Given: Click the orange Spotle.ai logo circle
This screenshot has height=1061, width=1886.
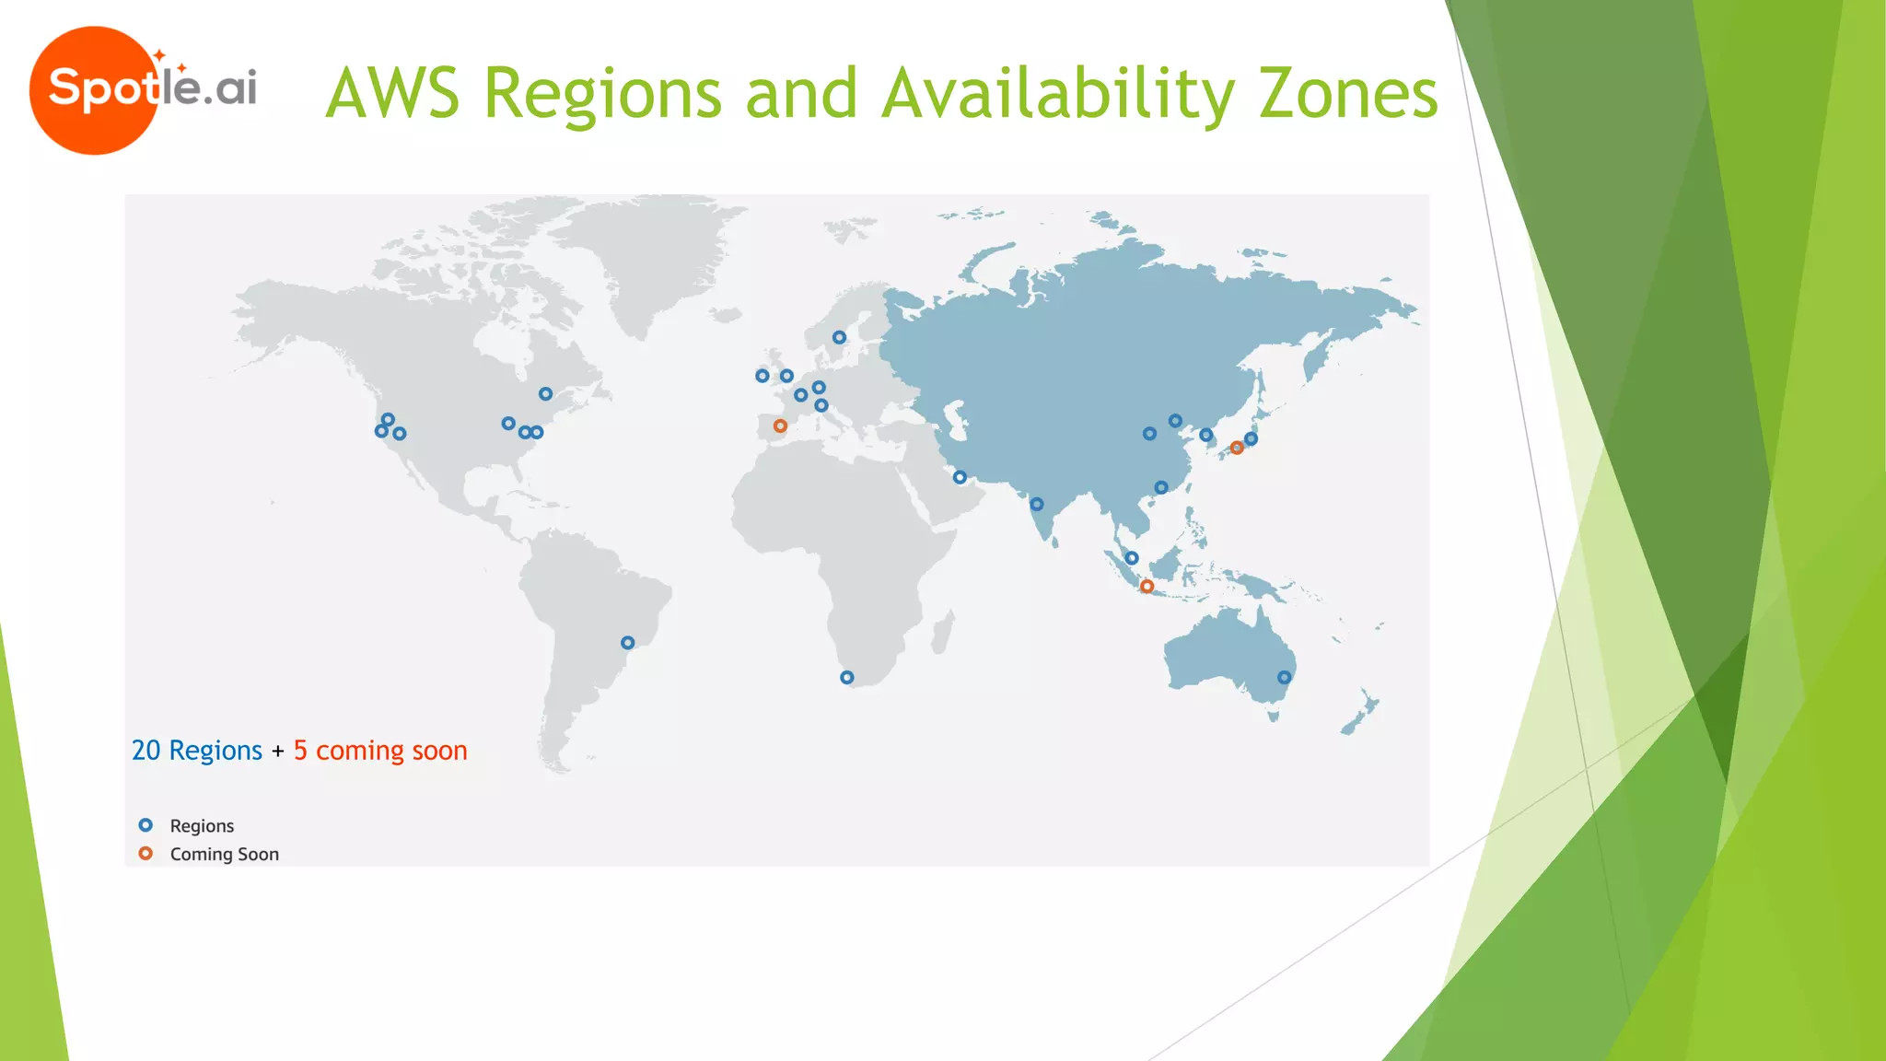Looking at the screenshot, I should click(92, 90).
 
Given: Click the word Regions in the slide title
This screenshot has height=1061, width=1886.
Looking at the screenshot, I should click(602, 94).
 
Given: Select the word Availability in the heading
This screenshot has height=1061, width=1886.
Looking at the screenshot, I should click(1058, 94).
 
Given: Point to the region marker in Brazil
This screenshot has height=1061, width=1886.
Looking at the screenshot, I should click(627, 643).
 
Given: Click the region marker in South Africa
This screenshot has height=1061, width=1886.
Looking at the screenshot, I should click(847, 678).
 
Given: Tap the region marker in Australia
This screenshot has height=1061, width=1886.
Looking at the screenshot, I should click(1284, 678).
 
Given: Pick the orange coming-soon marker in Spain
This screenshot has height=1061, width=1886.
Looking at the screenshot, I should click(780, 426).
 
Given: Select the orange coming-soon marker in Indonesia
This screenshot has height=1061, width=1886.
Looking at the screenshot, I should click(1147, 587).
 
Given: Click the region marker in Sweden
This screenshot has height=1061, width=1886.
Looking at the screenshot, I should click(839, 338).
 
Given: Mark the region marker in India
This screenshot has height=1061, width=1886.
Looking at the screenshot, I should click(1036, 505).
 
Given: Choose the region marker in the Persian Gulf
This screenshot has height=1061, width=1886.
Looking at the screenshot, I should click(960, 477).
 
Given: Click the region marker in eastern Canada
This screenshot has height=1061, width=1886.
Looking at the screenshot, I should click(545, 394).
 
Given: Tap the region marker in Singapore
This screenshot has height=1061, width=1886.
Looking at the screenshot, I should click(1132, 558).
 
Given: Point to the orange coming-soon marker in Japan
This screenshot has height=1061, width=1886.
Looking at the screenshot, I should click(1237, 448).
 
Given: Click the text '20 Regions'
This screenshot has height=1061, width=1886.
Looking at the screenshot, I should click(196, 751).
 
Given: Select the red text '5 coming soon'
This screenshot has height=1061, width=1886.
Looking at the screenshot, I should click(380, 751).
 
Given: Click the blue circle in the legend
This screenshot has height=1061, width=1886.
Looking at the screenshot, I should click(146, 825).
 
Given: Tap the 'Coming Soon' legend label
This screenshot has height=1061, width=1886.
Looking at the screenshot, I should click(224, 854).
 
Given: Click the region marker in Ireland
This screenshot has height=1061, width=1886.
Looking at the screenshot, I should click(762, 376).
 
